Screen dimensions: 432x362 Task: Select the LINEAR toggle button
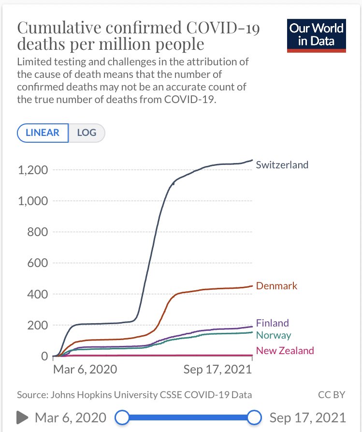(43, 133)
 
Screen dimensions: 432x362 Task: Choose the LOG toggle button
(87, 133)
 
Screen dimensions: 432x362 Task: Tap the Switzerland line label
(282, 164)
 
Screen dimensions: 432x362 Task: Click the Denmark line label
(276, 286)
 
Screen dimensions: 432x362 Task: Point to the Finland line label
(272, 323)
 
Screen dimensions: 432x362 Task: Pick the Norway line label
(274, 335)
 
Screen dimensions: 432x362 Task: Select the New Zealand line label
(285, 351)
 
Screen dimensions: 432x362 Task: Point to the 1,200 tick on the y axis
(32, 170)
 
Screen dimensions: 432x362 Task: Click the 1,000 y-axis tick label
(32, 201)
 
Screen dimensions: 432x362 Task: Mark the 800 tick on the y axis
(38, 232)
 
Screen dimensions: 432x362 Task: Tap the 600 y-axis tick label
(38, 263)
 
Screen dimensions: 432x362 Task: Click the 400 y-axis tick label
(38, 294)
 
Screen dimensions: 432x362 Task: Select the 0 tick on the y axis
(44, 356)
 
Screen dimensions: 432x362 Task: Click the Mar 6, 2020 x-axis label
(85, 370)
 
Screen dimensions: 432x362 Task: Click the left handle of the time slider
(123, 417)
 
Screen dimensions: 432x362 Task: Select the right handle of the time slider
(254, 417)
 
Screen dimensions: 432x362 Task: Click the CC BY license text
(332, 395)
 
